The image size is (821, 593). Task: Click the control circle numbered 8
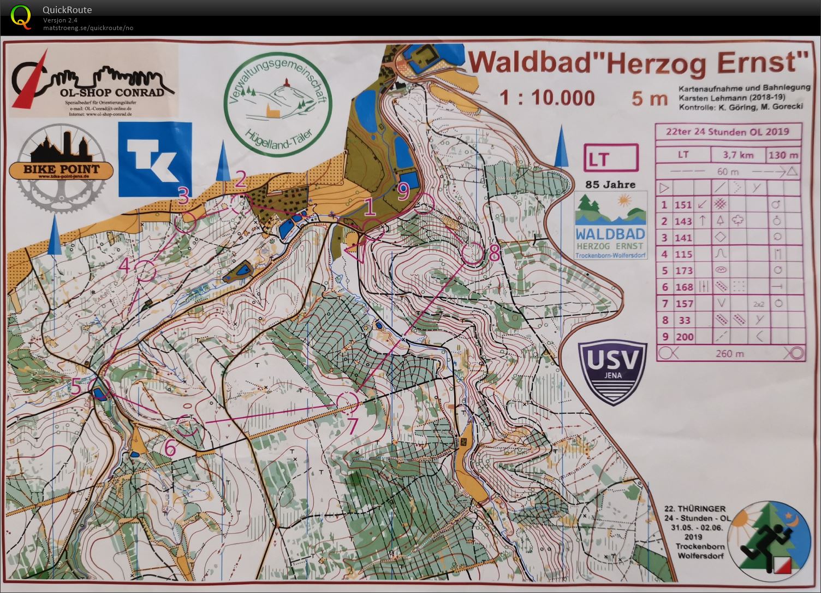click(472, 254)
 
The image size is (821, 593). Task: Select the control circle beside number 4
click(146, 271)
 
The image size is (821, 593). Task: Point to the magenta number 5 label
click(76, 386)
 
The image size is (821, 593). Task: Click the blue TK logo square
click(155, 160)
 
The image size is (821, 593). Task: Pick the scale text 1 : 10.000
click(548, 98)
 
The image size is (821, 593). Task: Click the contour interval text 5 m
click(650, 99)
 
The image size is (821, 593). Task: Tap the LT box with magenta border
click(610, 158)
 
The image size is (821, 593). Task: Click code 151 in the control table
click(683, 205)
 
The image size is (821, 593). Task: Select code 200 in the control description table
click(684, 337)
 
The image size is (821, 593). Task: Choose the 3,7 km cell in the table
click(738, 155)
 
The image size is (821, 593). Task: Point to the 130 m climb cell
click(783, 155)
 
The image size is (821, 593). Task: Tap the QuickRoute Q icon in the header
click(21, 16)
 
